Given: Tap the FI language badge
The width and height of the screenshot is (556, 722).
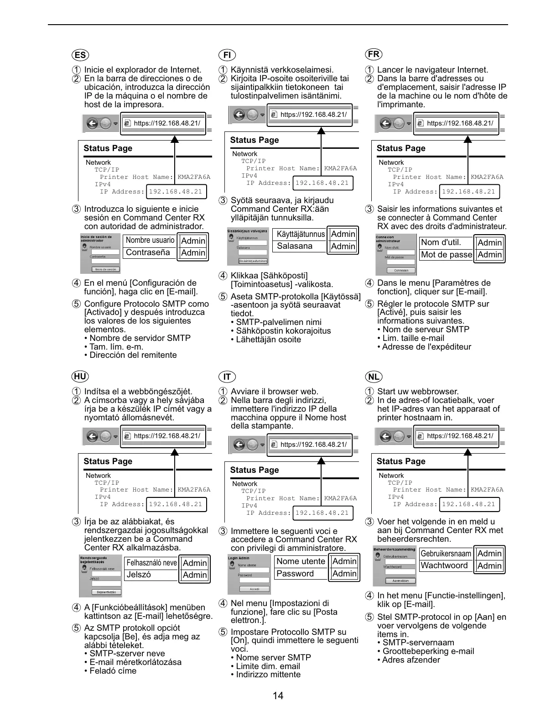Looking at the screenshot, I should [x=227, y=56].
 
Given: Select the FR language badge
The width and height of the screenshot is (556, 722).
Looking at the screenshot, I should [x=374, y=55].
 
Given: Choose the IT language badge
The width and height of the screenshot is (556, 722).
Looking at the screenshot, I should [x=227, y=377].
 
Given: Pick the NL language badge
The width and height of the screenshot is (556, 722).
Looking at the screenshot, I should [x=374, y=377].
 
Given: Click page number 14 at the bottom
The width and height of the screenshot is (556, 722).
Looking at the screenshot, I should [x=278, y=696].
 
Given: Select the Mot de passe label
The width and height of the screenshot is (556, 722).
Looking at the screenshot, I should [x=446, y=255].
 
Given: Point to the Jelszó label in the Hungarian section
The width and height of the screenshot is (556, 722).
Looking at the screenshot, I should [x=139, y=575].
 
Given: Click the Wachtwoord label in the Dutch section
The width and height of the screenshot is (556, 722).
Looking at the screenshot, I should [x=444, y=565].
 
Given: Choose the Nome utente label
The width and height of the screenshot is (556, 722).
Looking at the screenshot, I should [x=301, y=561].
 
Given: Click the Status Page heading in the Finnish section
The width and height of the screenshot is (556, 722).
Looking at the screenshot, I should [x=255, y=140].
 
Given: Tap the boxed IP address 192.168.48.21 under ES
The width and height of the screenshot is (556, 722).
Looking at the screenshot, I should [x=176, y=192].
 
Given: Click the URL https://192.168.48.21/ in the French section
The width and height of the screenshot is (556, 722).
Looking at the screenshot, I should [x=460, y=123].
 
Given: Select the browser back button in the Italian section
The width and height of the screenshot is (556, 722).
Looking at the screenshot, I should [x=239, y=445].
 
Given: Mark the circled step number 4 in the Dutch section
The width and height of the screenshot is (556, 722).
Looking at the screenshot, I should [x=369, y=596].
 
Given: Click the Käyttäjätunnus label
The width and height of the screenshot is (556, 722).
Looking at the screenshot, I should [x=301, y=234].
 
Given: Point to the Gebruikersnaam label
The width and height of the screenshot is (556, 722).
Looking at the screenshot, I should [x=446, y=554].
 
